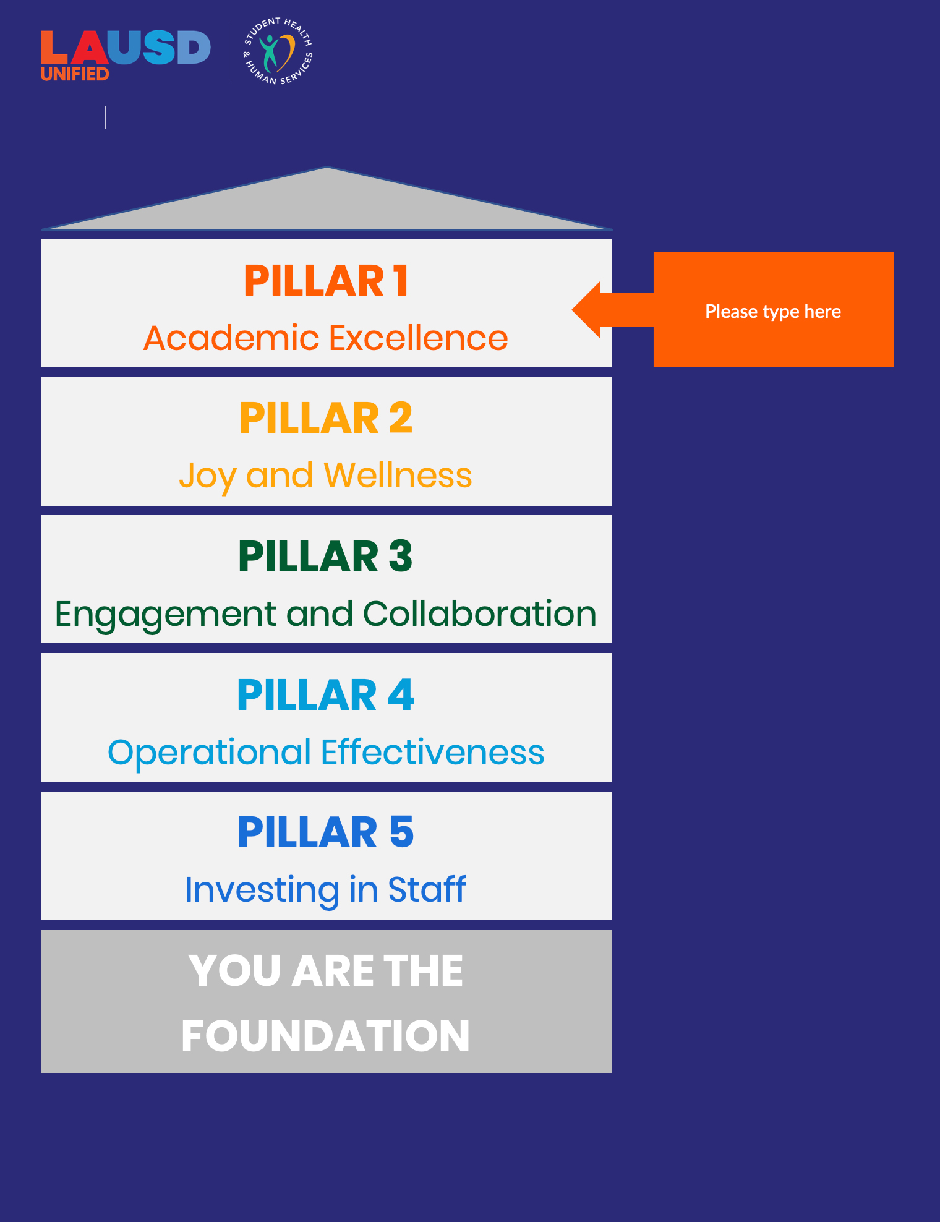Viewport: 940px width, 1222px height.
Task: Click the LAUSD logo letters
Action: (126, 48)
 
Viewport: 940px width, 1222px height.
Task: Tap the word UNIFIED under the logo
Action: (75, 74)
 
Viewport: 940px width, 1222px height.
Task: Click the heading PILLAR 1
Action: (326, 281)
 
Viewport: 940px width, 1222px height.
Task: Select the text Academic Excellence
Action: (326, 338)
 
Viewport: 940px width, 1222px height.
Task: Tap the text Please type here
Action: (773, 311)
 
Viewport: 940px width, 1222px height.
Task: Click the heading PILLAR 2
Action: (326, 419)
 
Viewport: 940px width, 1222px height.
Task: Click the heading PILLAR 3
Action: (326, 557)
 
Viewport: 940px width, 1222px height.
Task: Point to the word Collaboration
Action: (479, 614)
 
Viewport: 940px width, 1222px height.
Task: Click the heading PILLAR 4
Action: (326, 695)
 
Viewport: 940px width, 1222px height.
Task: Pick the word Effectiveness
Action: (432, 753)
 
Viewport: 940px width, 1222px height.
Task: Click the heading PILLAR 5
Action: (326, 832)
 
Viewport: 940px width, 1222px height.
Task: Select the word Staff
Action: (427, 890)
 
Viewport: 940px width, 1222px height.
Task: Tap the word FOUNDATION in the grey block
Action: (326, 1036)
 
